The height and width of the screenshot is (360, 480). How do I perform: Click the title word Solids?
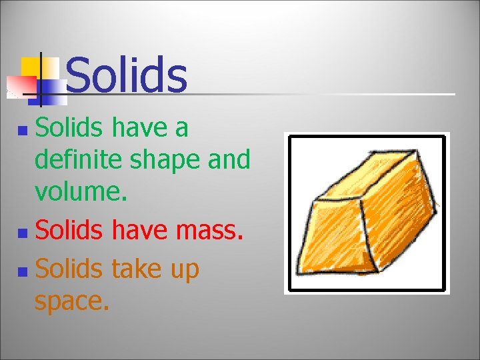pyautogui.click(x=127, y=75)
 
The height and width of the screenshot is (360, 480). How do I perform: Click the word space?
pyautogui.click(x=71, y=301)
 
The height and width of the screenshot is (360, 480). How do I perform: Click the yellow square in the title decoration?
pyautogui.click(x=30, y=67)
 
